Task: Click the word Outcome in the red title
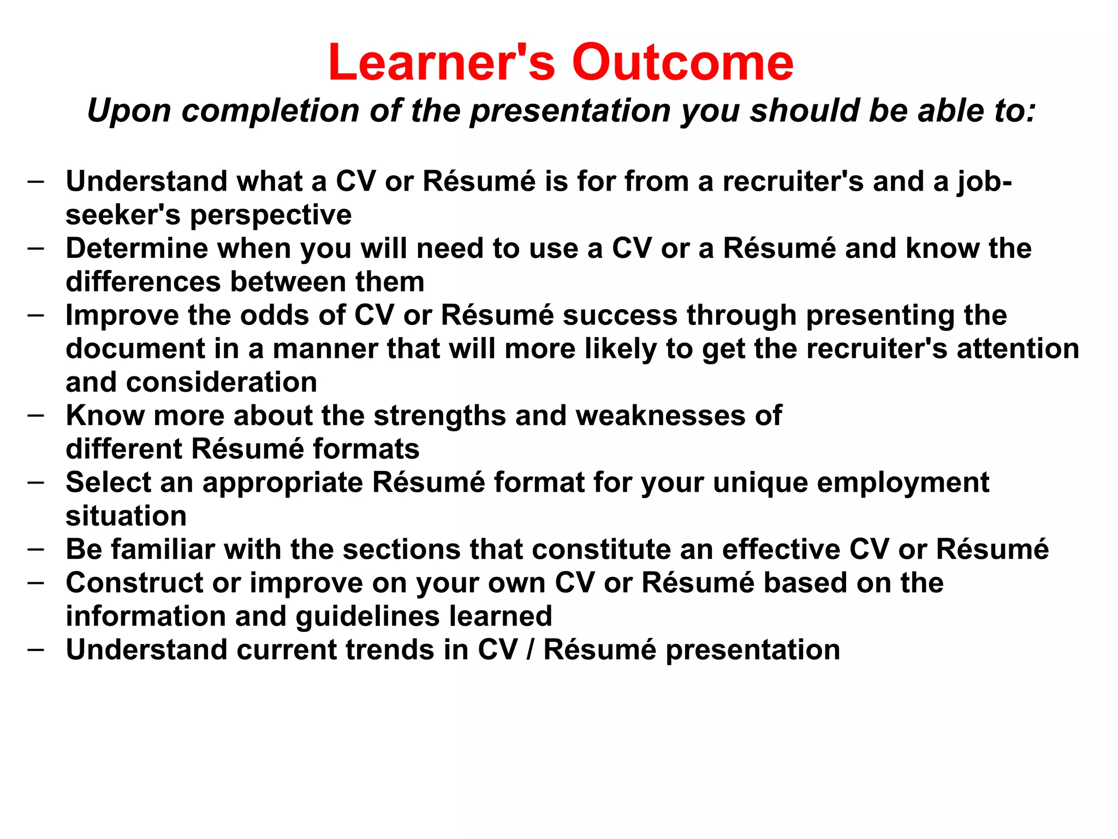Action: (682, 63)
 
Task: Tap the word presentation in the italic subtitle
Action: (570, 111)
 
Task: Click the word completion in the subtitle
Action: (271, 111)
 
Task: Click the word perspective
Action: (271, 215)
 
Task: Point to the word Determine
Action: (136, 249)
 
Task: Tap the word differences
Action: (143, 282)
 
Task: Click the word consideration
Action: (222, 382)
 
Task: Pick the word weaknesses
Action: (661, 416)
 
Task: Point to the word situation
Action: (126, 516)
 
